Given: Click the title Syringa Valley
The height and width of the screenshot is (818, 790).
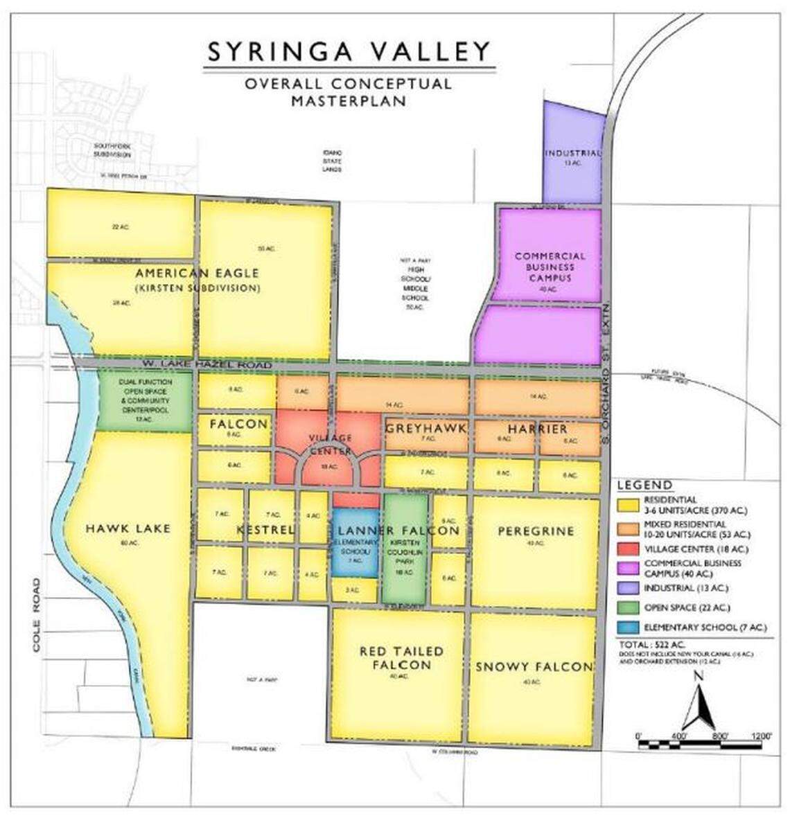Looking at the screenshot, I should click(349, 51).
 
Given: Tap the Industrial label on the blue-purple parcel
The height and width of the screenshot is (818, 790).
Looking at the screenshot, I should click(572, 153).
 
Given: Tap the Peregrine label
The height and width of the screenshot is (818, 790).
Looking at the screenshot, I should click(536, 531).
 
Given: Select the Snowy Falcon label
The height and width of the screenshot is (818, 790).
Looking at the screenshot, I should click(533, 667).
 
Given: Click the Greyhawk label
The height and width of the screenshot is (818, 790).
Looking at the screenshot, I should click(425, 428).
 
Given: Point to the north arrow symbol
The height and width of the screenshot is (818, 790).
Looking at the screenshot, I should click(698, 703).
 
